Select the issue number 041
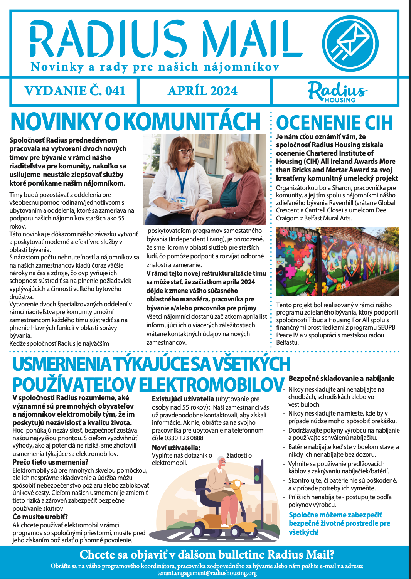tap(115, 91)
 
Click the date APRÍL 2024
tap(202, 91)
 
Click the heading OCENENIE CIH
tap(334, 123)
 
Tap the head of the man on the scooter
tap(222, 463)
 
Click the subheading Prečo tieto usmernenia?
tap(51, 462)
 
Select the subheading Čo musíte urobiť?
tap(40, 517)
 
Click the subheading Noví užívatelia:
tap(176, 448)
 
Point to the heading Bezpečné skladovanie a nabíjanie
tap(341, 379)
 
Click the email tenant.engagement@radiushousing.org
tap(207, 573)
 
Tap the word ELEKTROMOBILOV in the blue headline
tap(211, 385)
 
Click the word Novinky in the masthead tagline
tap(57, 67)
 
